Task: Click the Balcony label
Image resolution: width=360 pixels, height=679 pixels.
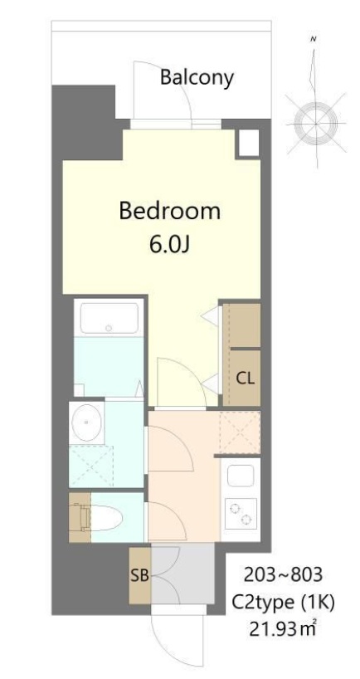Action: tap(197, 78)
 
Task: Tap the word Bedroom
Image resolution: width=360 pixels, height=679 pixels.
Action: tap(170, 211)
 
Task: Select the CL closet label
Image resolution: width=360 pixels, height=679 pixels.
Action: tap(245, 379)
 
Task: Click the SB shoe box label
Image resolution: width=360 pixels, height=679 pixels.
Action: tap(139, 574)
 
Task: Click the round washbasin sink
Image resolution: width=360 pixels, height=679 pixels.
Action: tap(86, 424)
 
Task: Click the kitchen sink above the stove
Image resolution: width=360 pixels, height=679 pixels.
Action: tap(240, 476)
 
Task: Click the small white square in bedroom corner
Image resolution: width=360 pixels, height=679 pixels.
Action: tap(246, 143)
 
